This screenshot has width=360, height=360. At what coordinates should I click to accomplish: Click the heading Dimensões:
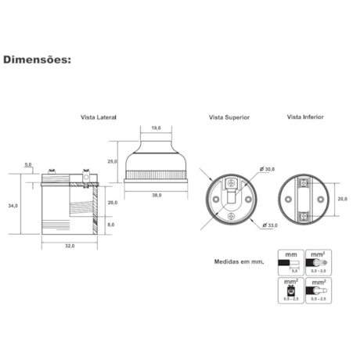(38, 59)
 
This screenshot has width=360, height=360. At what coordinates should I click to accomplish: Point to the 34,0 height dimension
(13, 206)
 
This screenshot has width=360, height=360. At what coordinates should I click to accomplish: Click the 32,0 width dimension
(69, 246)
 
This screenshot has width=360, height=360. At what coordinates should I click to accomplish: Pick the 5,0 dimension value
(28, 164)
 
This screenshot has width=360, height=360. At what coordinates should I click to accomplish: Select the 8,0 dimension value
(111, 225)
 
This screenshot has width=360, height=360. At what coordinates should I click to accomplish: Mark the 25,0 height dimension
(113, 160)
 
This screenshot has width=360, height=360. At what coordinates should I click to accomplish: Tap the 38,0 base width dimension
(156, 196)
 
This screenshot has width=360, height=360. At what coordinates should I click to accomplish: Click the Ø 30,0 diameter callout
(269, 169)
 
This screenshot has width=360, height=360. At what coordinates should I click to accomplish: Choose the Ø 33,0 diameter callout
(270, 225)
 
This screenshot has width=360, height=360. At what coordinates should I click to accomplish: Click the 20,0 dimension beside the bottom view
(342, 199)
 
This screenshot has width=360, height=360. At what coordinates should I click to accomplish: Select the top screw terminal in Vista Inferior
(305, 182)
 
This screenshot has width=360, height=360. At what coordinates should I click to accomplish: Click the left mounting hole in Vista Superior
(215, 199)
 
